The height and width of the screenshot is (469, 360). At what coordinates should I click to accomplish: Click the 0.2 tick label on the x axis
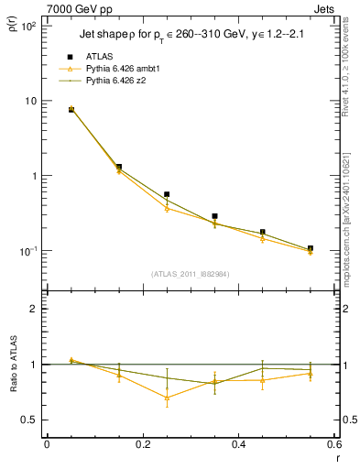[x=142, y=444]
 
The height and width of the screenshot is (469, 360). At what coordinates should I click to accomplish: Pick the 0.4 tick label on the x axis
[x=239, y=444]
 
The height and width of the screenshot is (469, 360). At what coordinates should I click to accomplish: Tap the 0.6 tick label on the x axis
[x=334, y=444]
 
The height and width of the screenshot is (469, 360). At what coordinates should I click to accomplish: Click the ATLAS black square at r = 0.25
[x=167, y=194]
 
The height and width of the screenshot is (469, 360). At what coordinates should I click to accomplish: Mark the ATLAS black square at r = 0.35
[x=214, y=216]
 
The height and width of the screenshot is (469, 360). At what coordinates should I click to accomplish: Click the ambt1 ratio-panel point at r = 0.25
[x=167, y=398]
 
